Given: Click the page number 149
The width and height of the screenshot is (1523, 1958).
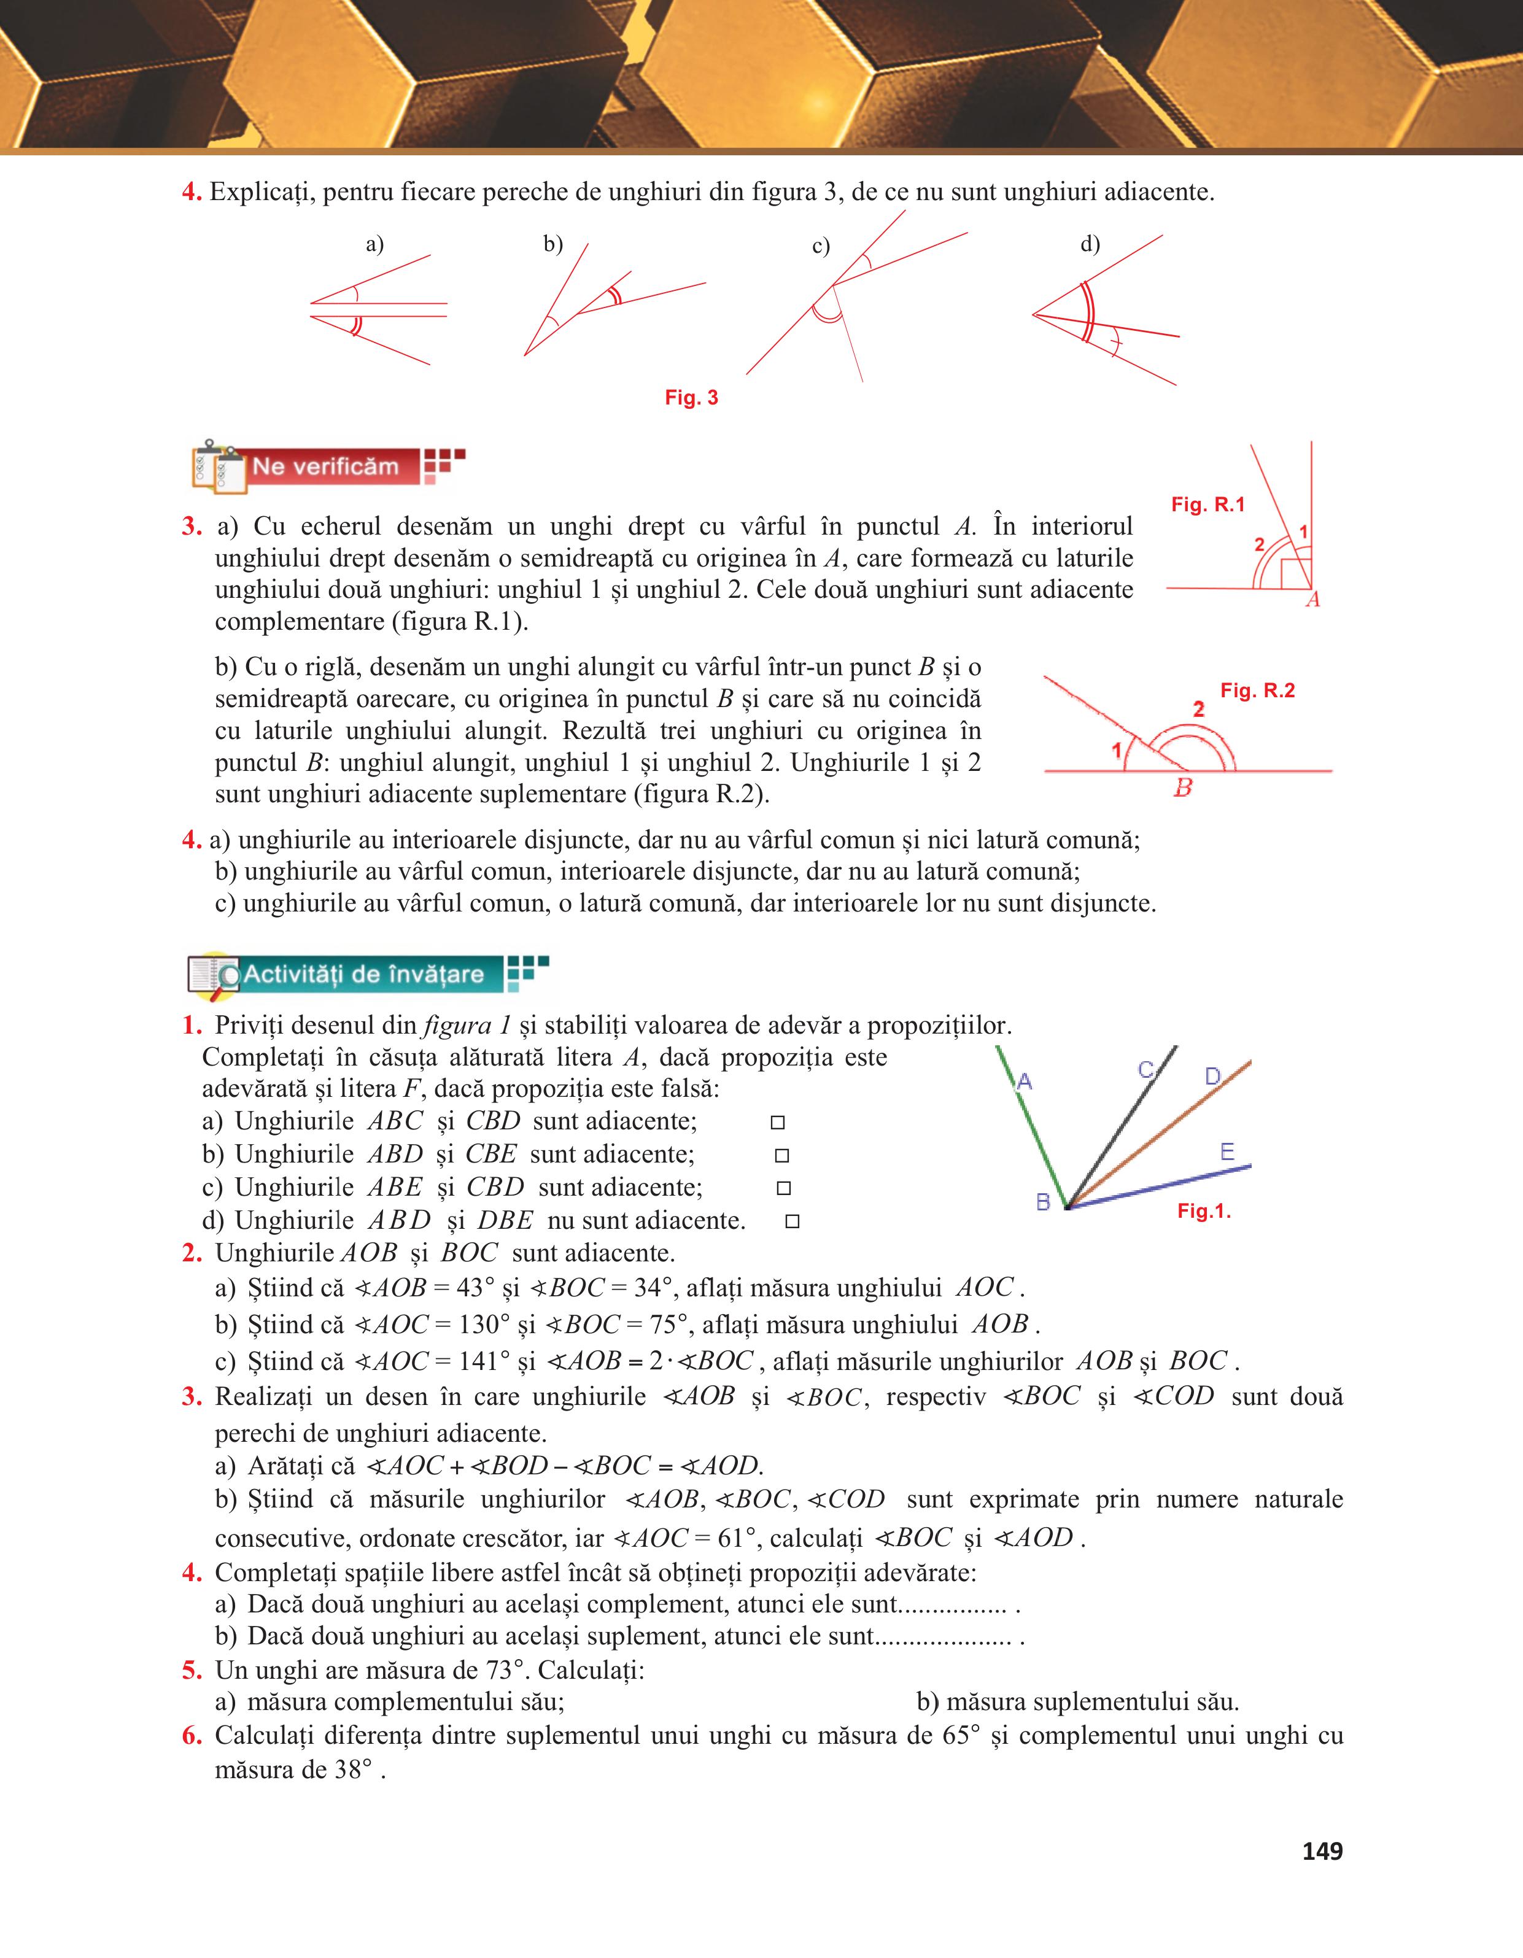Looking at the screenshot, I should [x=1322, y=1851].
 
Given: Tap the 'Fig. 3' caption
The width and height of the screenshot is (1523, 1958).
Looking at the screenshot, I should [x=691, y=398].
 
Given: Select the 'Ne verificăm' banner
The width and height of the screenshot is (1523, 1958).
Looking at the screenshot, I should [x=325, y=467].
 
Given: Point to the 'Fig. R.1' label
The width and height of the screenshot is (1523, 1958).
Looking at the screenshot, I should [x=1208, y=505].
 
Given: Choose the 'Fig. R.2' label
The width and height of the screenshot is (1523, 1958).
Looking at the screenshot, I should [x=1258, y=691].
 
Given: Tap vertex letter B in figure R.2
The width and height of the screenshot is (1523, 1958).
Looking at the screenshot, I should [x=1184, y=789].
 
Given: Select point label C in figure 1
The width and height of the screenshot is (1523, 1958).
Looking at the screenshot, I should [x=1145, y=1070].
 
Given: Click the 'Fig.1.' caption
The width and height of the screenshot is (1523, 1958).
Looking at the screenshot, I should [x=1204, y=1212].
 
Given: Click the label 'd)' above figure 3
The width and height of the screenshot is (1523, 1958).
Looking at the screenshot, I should [x=1090, y=244].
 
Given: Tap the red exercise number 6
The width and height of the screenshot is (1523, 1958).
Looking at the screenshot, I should [x=191, y=1736].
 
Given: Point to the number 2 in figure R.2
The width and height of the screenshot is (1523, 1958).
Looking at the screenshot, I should [x=1198, y=709].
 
